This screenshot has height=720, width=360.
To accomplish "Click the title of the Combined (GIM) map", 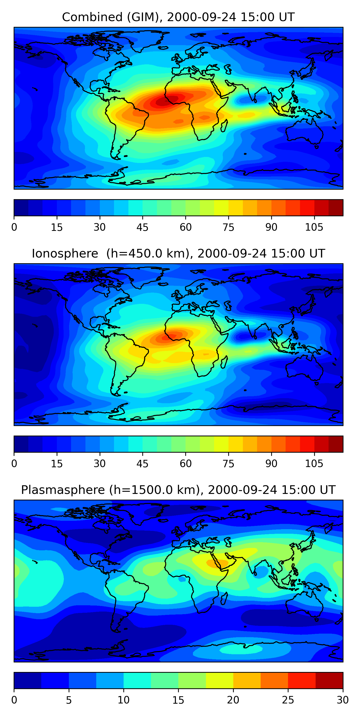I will coord(178,17).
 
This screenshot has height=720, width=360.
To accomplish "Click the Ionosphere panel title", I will coord(178,254).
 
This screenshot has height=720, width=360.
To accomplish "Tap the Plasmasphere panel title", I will coord(178,490).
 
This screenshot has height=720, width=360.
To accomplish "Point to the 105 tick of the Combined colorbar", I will coord(314,227).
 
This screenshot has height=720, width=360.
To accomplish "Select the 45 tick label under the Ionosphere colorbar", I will coord(142,464).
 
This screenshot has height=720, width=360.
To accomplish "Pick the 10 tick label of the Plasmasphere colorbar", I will coord(123,700).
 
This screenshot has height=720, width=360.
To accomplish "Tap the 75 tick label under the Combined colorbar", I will coord(228,227).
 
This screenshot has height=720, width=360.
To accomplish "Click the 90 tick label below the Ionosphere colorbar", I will coord(271,464).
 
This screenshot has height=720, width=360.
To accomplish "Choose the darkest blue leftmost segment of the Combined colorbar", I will coord(21,208).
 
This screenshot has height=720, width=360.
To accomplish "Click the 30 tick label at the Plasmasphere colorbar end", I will coord(342,700).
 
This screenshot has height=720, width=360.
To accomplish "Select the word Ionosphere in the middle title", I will coord(65,254).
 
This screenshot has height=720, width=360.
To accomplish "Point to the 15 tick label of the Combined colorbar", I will coord(56,227).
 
